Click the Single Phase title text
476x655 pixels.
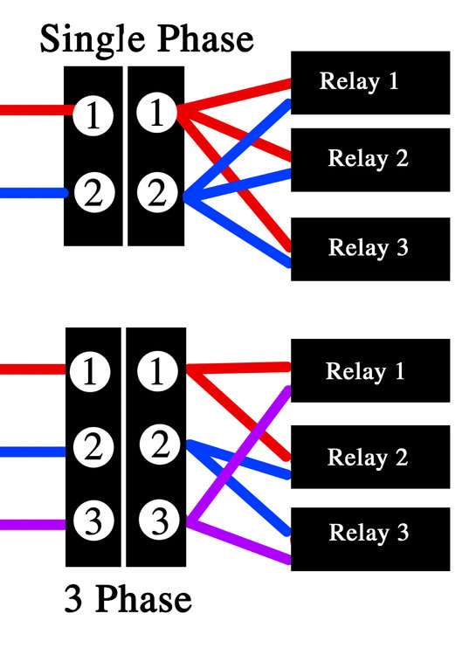pyautogui.click(x=147, y=39)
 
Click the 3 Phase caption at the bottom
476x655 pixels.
pyautogui.click(x=128, y=599)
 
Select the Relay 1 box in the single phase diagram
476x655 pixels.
pyautogui.click(x=370, y=83)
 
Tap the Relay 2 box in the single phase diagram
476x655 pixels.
pyautogui.click(x=370, y=160)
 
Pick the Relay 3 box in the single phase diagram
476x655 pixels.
pyautogui.click(x=370, y=249)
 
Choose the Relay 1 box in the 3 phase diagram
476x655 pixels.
pyautogui.click(x=370, y=370)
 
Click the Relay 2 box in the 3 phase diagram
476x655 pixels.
pyautogui.click(x=370, y=457)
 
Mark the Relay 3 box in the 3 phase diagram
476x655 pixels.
pyautogui.click(x=370, y=540)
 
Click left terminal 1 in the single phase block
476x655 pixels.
pyautogui.click(x=93, y=115)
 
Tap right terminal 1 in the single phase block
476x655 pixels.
pyautogui.click(x=156, y=113)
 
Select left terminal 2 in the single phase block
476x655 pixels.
pyautogui.click(x=94, y=193)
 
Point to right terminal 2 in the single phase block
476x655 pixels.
pyautogui.click(x=157, y=193)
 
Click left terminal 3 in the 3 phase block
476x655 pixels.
pyautogui.click(x=93, y=521)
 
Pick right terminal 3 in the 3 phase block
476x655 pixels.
pyautogui.click(x=159, y=521)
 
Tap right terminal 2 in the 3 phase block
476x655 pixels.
pyautogui.click(x=160, y=445)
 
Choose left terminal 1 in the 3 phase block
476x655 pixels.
pyautogui.click(x=90, y=372)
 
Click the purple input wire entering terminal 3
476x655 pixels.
pyautogui.click(x=33, y=525)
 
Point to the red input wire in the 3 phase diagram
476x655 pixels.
pyautogui.click(x=33, y=369)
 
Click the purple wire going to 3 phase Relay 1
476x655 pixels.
pyautogui.click(x=238, y=455)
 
